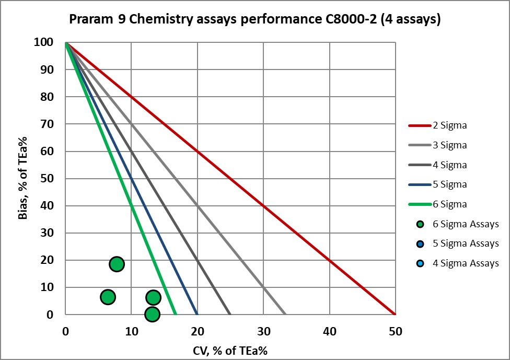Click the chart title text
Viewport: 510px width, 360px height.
pyautogui.click(x=255, y=20)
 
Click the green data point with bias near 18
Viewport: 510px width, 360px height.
pyautogui.click(x=117, y=264)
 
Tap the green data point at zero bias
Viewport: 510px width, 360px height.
pyautogui.click(x=152, y=314)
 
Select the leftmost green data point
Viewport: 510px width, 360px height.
pyautogui.click(x=108, y=297)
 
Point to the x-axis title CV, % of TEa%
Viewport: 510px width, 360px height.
pyautogui.click(x=229, y=349)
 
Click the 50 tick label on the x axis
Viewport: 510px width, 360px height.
pyautogui.click(x=395, y=331)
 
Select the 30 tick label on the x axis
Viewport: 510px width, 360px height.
pyautogui.click(x=263, y=331)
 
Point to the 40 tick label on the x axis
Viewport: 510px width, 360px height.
pyautogui.click(x=329, y=331)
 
